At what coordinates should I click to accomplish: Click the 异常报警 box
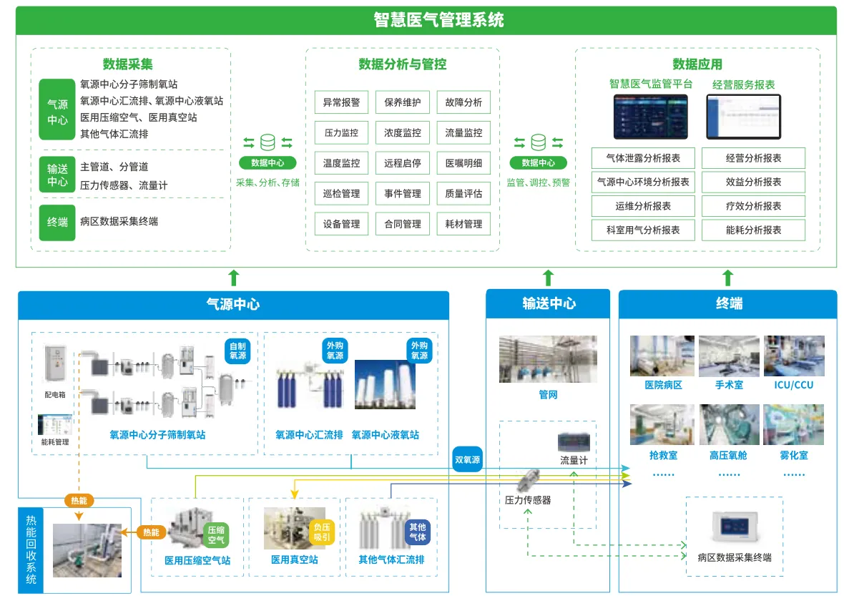click(341, 102)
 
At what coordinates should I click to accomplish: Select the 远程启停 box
click(402, 163)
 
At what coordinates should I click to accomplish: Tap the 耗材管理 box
click(463, 224)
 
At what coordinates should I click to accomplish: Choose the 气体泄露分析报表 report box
click(643, 158)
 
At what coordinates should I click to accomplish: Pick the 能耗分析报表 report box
click(753, 230)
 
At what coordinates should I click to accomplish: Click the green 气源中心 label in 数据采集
click(57, 112)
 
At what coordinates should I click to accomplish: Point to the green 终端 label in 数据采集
click(57, 222)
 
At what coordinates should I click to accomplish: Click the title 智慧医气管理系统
click(438, 20)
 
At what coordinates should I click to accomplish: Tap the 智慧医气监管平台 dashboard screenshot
click(650, 117)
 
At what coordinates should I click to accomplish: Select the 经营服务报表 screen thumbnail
click(743, 117)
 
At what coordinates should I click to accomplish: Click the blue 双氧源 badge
click(467, 459)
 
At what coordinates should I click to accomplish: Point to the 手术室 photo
click(728, 356)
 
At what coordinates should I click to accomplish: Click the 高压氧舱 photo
click(728, 425)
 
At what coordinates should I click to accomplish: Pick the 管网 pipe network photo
click(548, 359)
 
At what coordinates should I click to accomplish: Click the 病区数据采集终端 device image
click(734, 528)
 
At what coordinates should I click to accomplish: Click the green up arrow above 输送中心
click(548, 278)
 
